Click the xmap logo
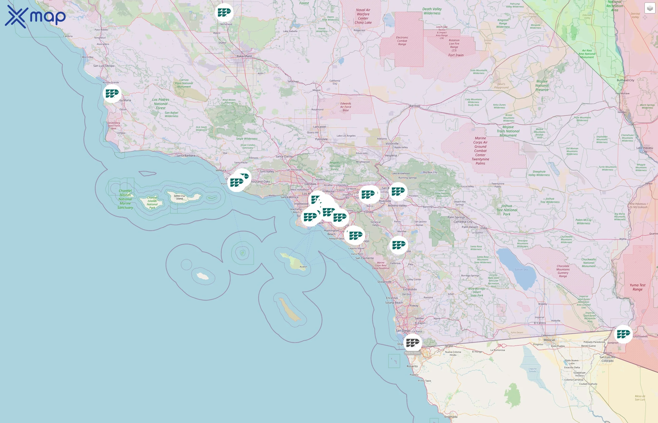[35, 16]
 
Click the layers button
[650, 8]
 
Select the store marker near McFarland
[224, 12]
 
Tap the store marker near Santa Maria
[112, 93]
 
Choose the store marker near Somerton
[623, 334]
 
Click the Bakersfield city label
[244, 56]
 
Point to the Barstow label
[415, 106]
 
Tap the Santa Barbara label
[186, 156]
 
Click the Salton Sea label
[521, 270]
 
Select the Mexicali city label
[549, 340]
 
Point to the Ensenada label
[451, 417]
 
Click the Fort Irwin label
[456, 55]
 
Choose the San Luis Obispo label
[104, 66]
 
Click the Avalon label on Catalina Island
[303, 267]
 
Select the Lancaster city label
[320, 127]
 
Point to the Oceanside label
[384, 282]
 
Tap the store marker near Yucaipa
[398, 191]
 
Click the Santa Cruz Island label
[179, 197]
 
